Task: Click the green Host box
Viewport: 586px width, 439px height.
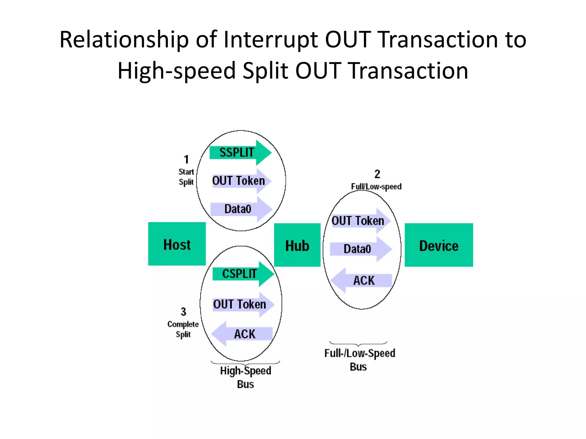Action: (177, 244)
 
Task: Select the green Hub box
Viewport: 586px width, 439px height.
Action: (297, 245)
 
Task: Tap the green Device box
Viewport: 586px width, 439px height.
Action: (438, 245)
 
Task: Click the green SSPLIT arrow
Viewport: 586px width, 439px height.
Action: (240, 152)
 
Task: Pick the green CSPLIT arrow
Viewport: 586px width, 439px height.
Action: (243, 274)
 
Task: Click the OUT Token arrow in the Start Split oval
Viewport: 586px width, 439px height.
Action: (240, 181)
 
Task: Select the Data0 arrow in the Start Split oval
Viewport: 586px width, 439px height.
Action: (240, 209)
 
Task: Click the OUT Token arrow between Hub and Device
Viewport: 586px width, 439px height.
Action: (360, 221)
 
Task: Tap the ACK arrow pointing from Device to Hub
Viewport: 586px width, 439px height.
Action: (361, 280)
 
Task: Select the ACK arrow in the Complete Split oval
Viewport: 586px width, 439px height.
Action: (243, 334)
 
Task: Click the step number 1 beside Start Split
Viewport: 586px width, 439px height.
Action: (186, 159)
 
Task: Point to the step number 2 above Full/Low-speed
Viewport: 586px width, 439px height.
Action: (377, 174)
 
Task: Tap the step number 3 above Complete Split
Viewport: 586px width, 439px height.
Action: (183, 312)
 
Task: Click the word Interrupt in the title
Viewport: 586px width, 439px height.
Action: (270, 39)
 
